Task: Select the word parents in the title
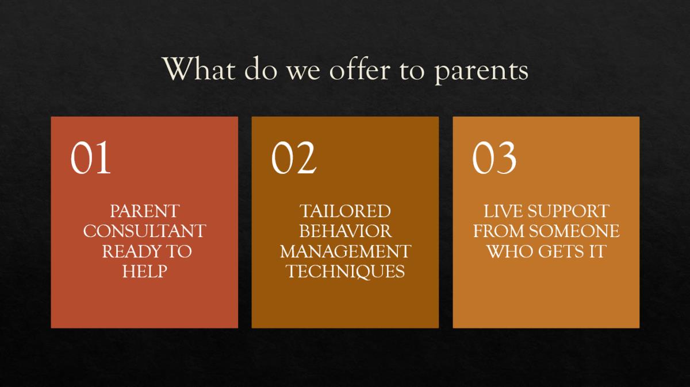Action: click(x=481, y=72)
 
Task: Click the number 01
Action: click(x=91, y=157)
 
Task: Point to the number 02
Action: click(x=294, y=157)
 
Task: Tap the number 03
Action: click(x=494, y=157)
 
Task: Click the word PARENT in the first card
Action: click(x=144, y=211)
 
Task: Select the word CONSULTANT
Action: click(x=144, y=231)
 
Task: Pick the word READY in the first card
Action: click(x=129, y=251)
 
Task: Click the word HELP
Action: click(x=144, y=272)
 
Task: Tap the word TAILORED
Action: click(x=345, y=211)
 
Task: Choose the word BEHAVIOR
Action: click(x=346, y=231)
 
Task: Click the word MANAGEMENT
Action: click(x=346, y=251)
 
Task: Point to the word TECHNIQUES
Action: click(x=346, y=272)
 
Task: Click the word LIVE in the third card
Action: click(x=503, y=211)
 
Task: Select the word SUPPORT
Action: click(x=569, y=211)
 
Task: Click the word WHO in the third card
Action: click(x=509, y=251)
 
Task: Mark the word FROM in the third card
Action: click(x=499, y=231)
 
